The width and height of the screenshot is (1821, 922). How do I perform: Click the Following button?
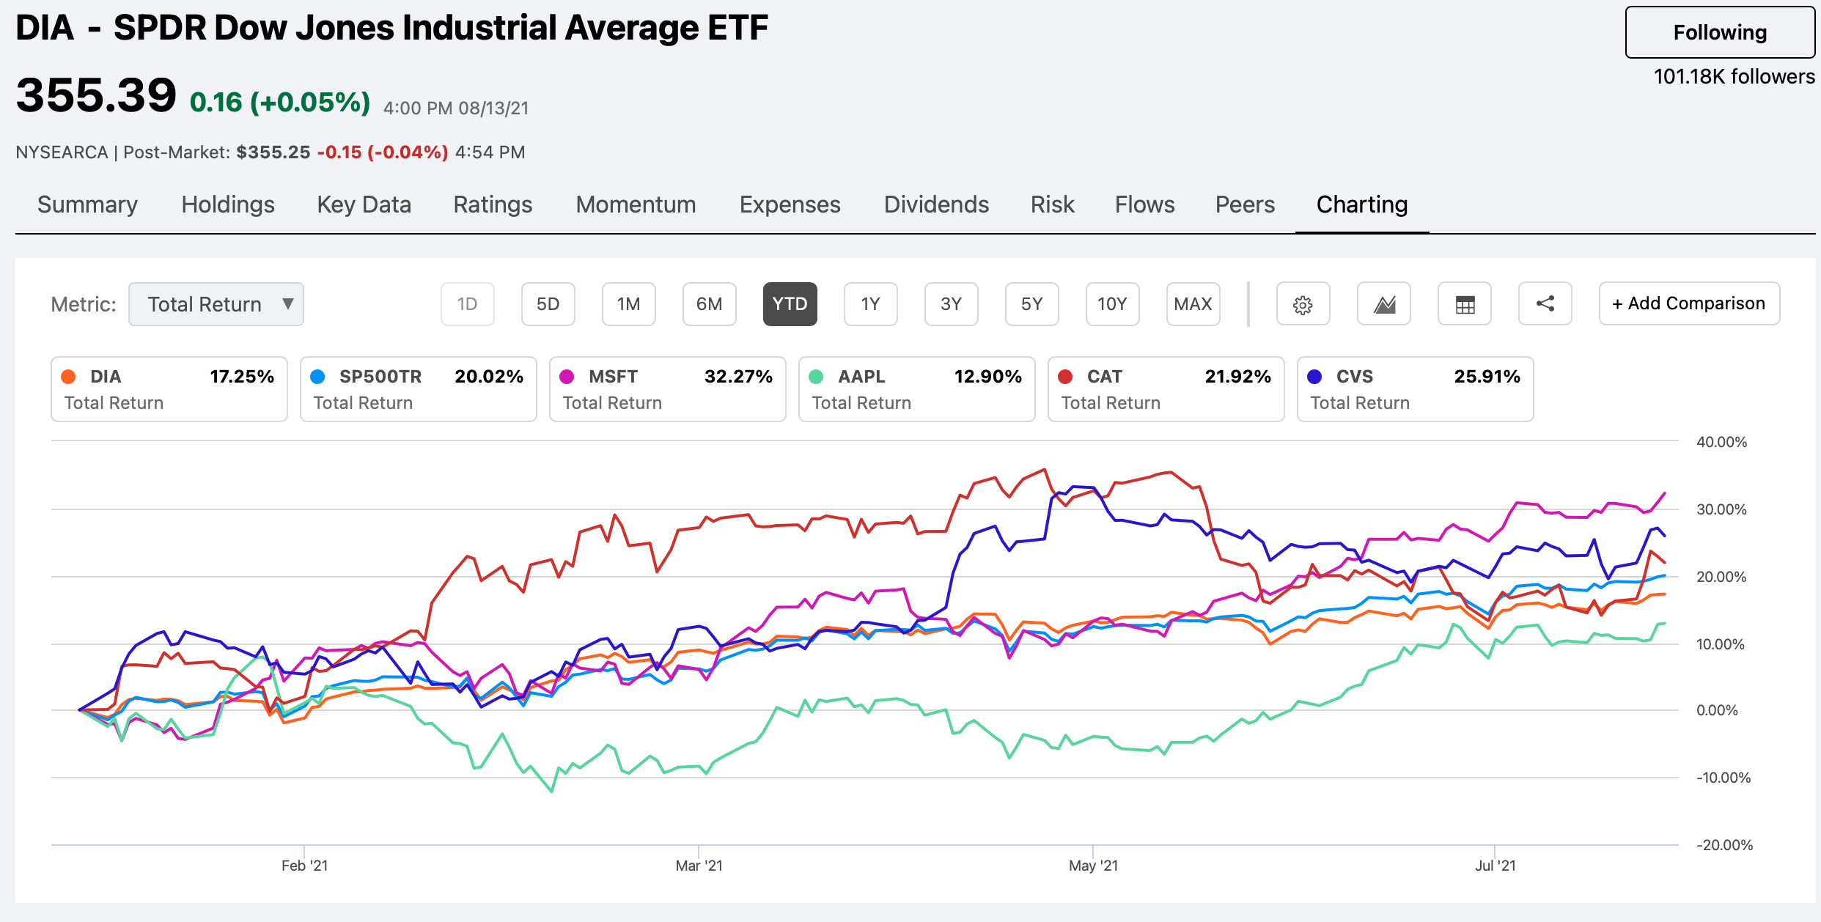1719,32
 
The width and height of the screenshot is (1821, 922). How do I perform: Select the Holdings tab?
228,204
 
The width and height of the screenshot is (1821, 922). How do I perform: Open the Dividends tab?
936,204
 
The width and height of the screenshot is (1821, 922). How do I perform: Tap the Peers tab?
1245,204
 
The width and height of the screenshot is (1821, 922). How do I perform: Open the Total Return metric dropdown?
216,304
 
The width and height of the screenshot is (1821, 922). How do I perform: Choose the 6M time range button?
709,304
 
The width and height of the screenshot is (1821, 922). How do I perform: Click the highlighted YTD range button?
790,304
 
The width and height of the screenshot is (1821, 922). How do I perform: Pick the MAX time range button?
1193,304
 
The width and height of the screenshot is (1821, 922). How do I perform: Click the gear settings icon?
1303,304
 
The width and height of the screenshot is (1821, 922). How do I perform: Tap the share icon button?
1545,304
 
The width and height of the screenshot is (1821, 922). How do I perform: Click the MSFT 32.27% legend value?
737,377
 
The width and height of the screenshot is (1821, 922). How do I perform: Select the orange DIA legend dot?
68,377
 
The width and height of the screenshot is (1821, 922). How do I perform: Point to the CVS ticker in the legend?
1354,377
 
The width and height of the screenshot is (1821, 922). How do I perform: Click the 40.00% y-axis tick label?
1721,442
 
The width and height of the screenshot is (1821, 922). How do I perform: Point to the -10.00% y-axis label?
1723,778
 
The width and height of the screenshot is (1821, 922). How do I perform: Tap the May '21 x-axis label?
1093,866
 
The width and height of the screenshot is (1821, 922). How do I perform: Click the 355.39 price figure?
96,95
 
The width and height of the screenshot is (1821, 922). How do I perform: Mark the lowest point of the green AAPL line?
551,792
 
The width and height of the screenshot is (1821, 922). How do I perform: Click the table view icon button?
1464,304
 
